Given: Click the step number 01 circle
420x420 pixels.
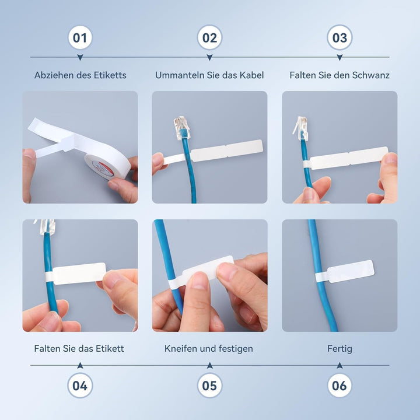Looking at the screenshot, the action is pyautogui.click(x=80, y=37).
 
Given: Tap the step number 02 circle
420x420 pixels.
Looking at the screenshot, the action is pyautogui.click(x=210, y=37).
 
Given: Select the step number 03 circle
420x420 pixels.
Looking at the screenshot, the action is pyautogui.click(x=339, y=37).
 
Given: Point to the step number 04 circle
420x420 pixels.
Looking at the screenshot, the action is pyautogui.click(x=80, y=386).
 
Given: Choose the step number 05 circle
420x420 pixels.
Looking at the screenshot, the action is pyautogui.click(x=210, y=386).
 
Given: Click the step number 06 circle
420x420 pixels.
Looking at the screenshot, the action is pyautogui.click(x=339, y=386).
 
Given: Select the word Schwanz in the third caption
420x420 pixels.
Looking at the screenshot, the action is pyautogui.click(x=371, y=75).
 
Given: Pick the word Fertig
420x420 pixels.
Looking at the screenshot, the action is pyautogui.click(x=339, y=349).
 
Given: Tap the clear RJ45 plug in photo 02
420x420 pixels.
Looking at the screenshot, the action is pyautogui.click(x=181, y=128).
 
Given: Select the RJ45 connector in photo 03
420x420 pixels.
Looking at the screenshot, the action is pyautogui.click(x=300, y=128).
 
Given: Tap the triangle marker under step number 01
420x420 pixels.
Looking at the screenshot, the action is pyautogui.click(x=80, y=57).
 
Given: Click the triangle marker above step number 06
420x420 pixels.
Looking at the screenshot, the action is pyautogui.click(x=339, y=365).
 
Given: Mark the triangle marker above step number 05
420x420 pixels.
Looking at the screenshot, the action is pyautogui.click(x=210, y=365).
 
